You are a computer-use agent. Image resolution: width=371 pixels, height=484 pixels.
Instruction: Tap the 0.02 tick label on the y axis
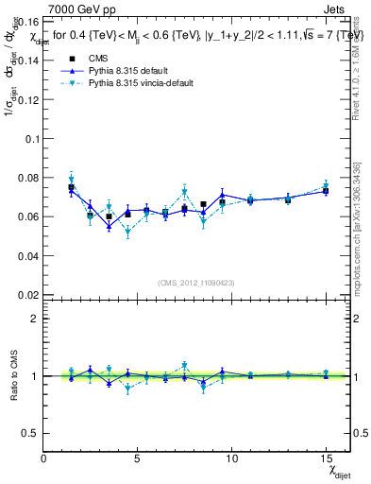[27, 295]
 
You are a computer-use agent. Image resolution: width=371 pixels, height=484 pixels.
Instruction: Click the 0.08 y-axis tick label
[27, 177]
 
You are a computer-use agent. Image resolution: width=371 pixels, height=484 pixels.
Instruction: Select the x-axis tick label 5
[138, 458]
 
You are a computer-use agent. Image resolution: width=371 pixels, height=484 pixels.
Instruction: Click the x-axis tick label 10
[231, 458]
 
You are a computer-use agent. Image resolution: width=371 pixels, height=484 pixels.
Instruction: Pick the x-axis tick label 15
[325, 458]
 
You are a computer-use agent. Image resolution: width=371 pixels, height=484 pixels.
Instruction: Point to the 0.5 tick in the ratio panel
[30, 433]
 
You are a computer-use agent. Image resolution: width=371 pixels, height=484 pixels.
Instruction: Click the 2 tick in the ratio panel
[35, 319]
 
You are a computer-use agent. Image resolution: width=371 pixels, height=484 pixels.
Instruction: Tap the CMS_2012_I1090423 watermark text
[196, 283]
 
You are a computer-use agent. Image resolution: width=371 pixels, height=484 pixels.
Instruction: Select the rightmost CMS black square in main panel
[325, 191]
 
